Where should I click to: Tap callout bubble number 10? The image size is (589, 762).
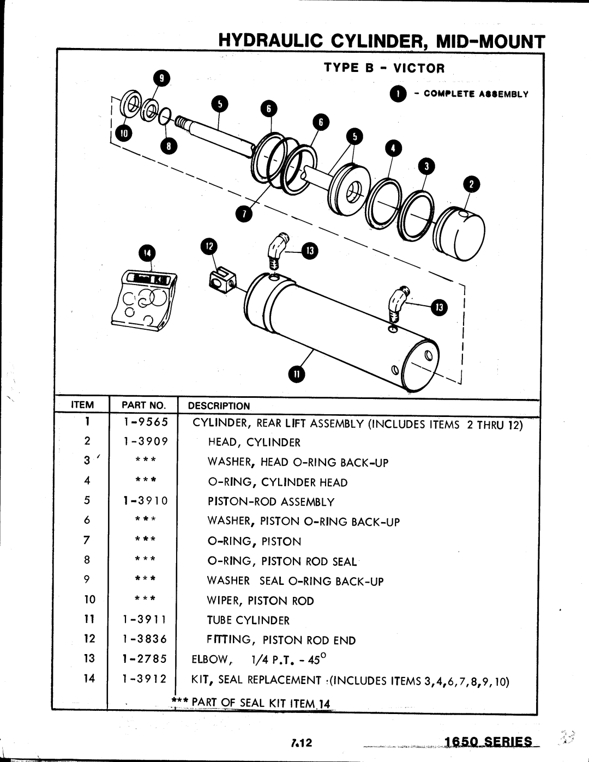[x=124, y=132]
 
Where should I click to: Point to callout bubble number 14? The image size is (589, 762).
[x=147, y=253]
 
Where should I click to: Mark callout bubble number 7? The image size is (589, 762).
[x=244, y=215]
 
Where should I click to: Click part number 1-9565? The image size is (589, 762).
[x=146, y=422]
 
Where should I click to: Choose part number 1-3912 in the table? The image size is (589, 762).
[x=146, y=679]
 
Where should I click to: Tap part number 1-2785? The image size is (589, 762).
[x=146, y=658]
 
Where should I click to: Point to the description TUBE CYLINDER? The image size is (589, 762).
[x=248, y=620]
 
